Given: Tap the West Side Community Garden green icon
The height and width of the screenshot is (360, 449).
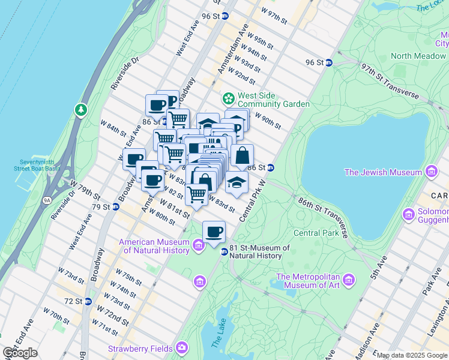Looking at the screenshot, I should (229, 98).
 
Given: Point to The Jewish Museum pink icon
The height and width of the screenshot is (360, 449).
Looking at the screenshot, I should (430, 173).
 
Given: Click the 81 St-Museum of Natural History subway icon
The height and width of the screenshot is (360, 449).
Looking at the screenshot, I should (224, 251).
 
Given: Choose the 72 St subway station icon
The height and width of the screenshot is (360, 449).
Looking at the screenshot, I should (88, 300).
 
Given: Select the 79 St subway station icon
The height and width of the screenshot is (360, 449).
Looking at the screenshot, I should (116, 207).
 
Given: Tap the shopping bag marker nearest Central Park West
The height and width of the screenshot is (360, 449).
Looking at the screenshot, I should (242, 155).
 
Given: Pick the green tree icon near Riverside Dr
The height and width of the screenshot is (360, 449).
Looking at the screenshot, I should (81, 110).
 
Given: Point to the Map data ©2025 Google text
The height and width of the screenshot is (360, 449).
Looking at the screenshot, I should (411, 355).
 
